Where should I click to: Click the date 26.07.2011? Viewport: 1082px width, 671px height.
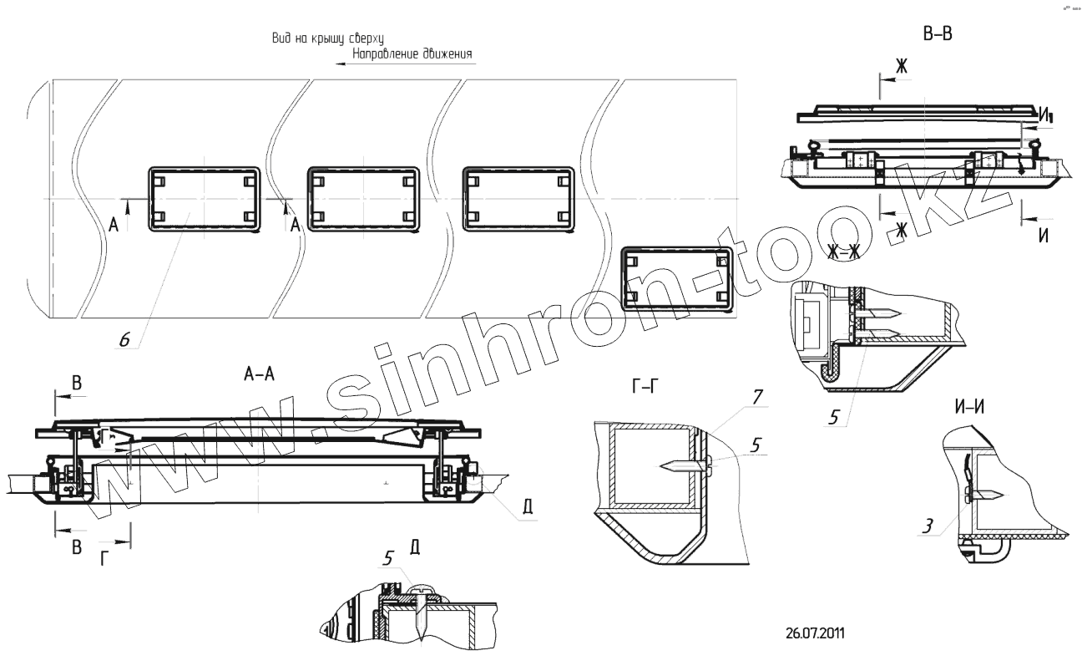point(815,632)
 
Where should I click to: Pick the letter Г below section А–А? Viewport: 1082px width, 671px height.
point(104,559)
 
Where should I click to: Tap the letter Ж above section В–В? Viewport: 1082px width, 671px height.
point(901,65)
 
